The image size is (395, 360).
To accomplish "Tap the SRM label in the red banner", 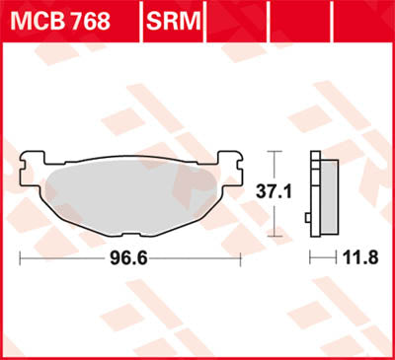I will click(173, 21).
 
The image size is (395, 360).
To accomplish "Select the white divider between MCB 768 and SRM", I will click(144, 21).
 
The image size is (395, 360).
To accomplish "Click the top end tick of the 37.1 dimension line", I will click(276, 152).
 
